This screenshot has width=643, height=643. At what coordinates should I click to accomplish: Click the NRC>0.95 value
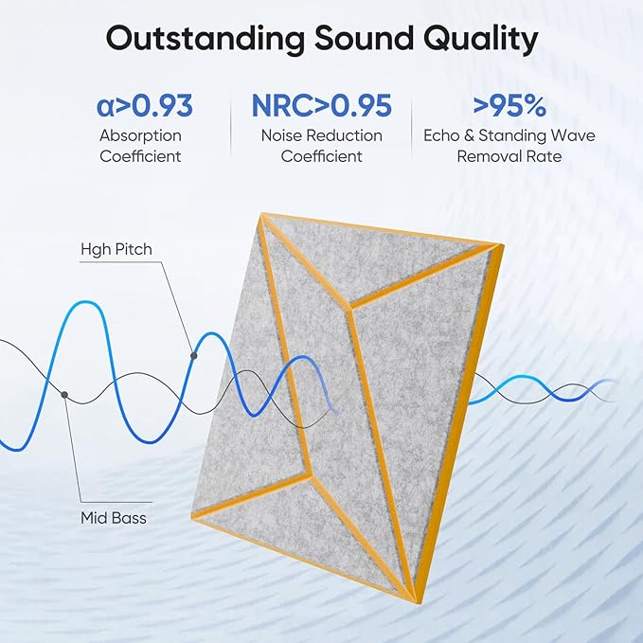(x=321, y=105)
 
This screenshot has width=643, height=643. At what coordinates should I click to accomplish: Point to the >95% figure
(x=509, y=105)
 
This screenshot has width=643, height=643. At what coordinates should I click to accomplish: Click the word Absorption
(x=140, y=135)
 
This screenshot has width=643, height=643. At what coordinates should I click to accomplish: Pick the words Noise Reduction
(x=321, y=135)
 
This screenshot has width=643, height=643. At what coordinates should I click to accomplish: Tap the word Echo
(x=442, y=135)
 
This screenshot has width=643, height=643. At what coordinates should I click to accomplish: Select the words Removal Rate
(x=509, y=156)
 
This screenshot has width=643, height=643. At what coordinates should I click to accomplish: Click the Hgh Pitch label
(x=116, y=249)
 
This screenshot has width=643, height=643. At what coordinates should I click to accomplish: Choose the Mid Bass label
(x=113, y=518)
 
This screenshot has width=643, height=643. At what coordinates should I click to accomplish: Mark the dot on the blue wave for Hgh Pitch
(x=194, y=355)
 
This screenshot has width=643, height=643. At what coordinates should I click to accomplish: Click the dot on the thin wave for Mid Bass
(x=64, y=393)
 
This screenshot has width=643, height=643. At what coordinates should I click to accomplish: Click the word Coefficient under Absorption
(x=140, y=156)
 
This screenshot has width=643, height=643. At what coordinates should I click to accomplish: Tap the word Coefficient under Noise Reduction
(x=321, y=156)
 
